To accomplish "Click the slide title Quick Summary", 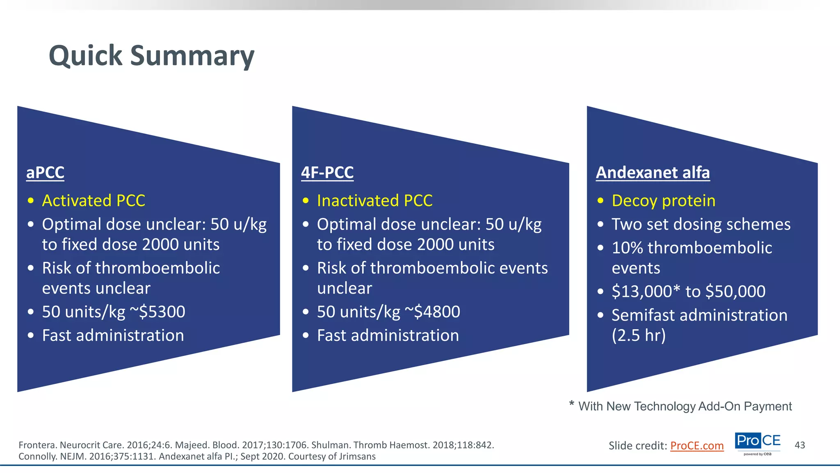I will pyautogui.click(x=151, y=56).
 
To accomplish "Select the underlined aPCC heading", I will pyautogui.click(x=45, y=172).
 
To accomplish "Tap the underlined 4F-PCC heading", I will pyautogui.click(x=327, y=172).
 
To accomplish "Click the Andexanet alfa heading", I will pyautogui.click(x=653, y=172).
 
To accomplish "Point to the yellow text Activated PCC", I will pyautogui.click(x=94, y=201).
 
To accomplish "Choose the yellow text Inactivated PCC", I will pyautogui.click(x=374, y=201).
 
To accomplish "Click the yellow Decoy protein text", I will pyautogui.click(x=663, y=201).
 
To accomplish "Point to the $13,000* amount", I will pyautogui.click(x=646, y=292).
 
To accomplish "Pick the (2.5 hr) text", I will pyautogui.click(x=638, y=335).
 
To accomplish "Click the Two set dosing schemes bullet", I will pyautogui.click(x=701, y=225).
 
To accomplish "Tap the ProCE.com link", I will pyautogui.click(x=696, y=445).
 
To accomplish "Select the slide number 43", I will pyautogui.click(x=799, y=445).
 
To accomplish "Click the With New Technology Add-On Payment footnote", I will pyautogui.click(x=685, y=406).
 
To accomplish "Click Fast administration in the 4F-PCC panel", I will pyautogui.click(x=388, y=335).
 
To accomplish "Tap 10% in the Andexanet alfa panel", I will pyautogui.click(x=627, y=248).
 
